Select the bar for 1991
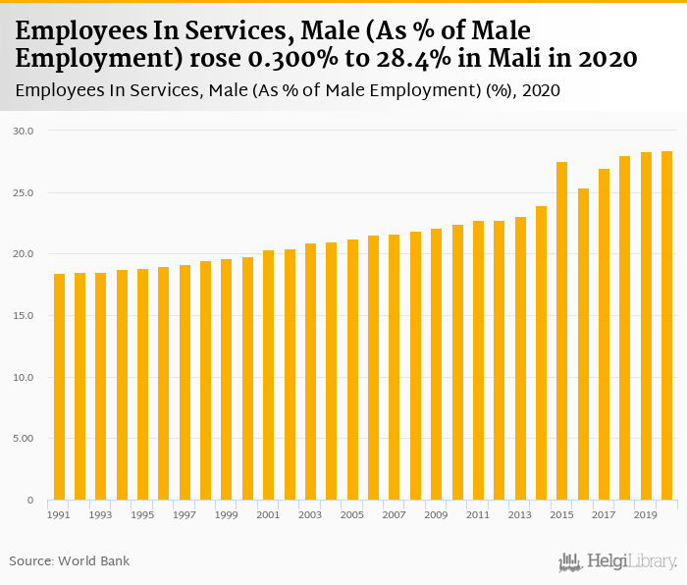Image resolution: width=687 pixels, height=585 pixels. (x=59, y=387)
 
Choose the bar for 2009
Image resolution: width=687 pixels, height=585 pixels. (x=436, y=364)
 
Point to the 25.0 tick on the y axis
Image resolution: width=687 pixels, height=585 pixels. (x=24, y=192)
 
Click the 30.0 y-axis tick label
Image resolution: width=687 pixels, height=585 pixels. (x=24, y=131)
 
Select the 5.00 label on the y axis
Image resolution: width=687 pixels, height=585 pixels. (x=24, y=439)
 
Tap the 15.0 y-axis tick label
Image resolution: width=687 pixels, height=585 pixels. (x=24, y=316)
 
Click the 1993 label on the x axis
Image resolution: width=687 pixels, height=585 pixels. (x=101, y=514)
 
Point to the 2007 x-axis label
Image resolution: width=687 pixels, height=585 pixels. (x=395, y=514)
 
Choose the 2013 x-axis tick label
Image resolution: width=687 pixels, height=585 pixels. (x=520, y=514)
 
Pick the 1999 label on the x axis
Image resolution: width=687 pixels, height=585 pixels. (x=227, y=514)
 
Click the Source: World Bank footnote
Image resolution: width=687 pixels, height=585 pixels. (x=70, y=561)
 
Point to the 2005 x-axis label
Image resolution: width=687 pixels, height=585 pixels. (x=352, y=514)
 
